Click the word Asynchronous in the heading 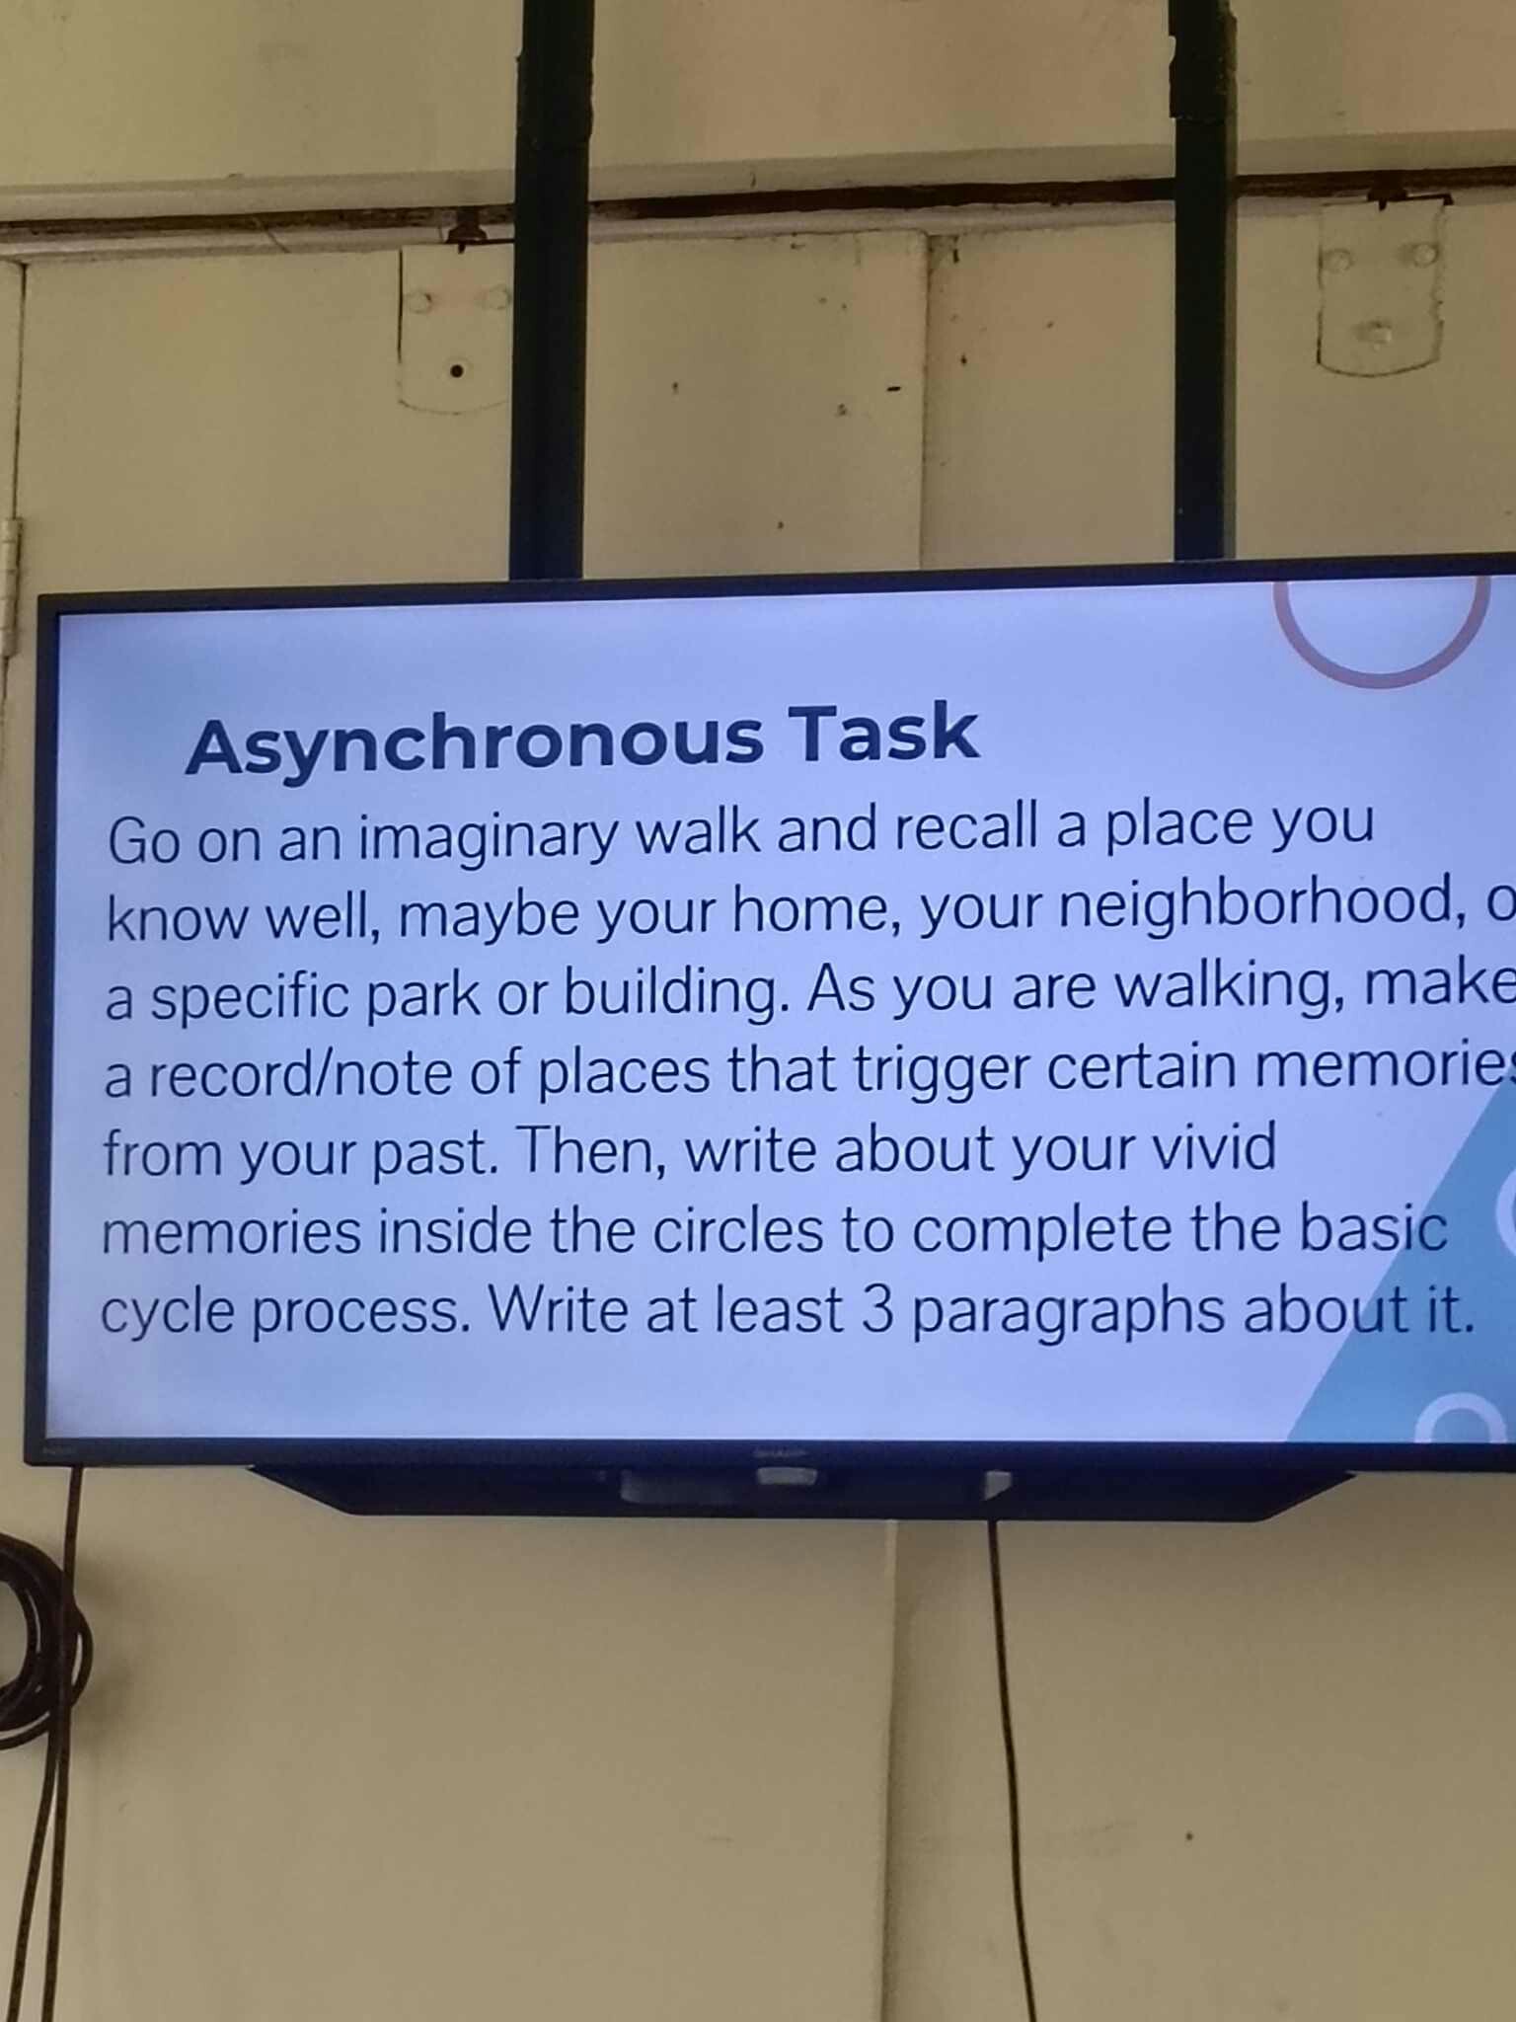(x=474, y=742)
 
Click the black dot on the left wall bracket (x=457, y=371)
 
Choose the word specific (x=251, y=997)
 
